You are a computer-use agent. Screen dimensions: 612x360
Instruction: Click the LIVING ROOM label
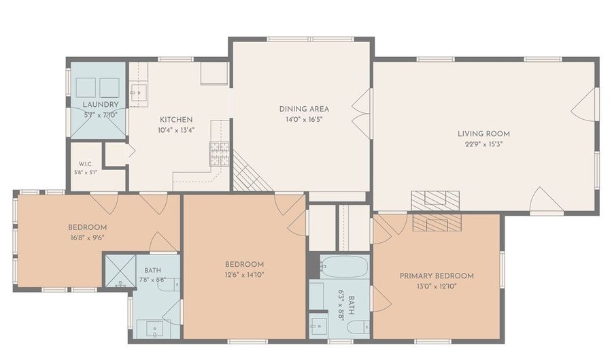pos(483,134)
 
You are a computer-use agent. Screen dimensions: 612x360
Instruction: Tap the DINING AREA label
pos(304,109)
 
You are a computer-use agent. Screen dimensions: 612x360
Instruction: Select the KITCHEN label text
pos(176,120)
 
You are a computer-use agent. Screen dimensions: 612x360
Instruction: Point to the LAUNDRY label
pos(101,105)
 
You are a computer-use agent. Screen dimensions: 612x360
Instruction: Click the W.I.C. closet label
pos(86,164)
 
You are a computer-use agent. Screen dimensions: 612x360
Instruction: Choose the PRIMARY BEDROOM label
pos(437,276)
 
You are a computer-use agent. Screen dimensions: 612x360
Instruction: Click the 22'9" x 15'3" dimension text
pos(483,144)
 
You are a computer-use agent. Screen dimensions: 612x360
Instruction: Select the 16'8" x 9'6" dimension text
pos(87,238)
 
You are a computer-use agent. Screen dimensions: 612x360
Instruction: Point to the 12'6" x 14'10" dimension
pos(244,275)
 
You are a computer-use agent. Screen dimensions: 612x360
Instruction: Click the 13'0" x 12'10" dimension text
pos(437,287)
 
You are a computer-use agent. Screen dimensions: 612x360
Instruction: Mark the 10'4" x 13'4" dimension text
pos(176,130)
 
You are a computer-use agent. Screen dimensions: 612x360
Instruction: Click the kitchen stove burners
pos(220,154)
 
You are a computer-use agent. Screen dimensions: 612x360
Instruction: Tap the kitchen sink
pos(139,93)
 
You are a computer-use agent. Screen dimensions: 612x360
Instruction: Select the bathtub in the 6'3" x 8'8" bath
pos(344,266)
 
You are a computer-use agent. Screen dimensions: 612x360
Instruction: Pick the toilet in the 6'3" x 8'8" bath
pos(358,327)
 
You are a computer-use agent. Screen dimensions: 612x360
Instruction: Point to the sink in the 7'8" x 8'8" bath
pos(155,329)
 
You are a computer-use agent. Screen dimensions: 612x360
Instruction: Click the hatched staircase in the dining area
pos(252,171)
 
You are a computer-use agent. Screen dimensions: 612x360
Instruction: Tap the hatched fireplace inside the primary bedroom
pos(437,223)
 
